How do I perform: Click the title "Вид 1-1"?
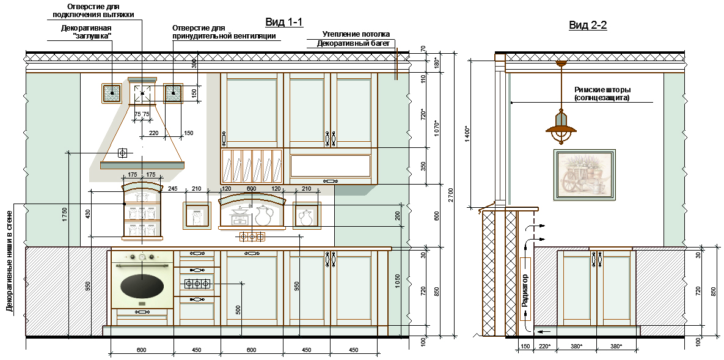[283, 22]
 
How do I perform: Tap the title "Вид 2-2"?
[587, 26]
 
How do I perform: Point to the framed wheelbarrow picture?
[585, 175]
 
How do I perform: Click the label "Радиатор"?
[525, 290]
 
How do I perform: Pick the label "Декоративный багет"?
[353, 43]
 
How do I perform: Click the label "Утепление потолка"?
[356, 34]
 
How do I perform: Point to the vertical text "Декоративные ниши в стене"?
[9, 261]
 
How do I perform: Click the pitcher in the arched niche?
[263, 216]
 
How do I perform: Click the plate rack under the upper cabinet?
[252, 166]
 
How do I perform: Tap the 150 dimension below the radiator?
[525, 347]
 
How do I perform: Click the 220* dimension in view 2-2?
[546, 347]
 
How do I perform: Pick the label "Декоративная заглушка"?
[86, 32]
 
